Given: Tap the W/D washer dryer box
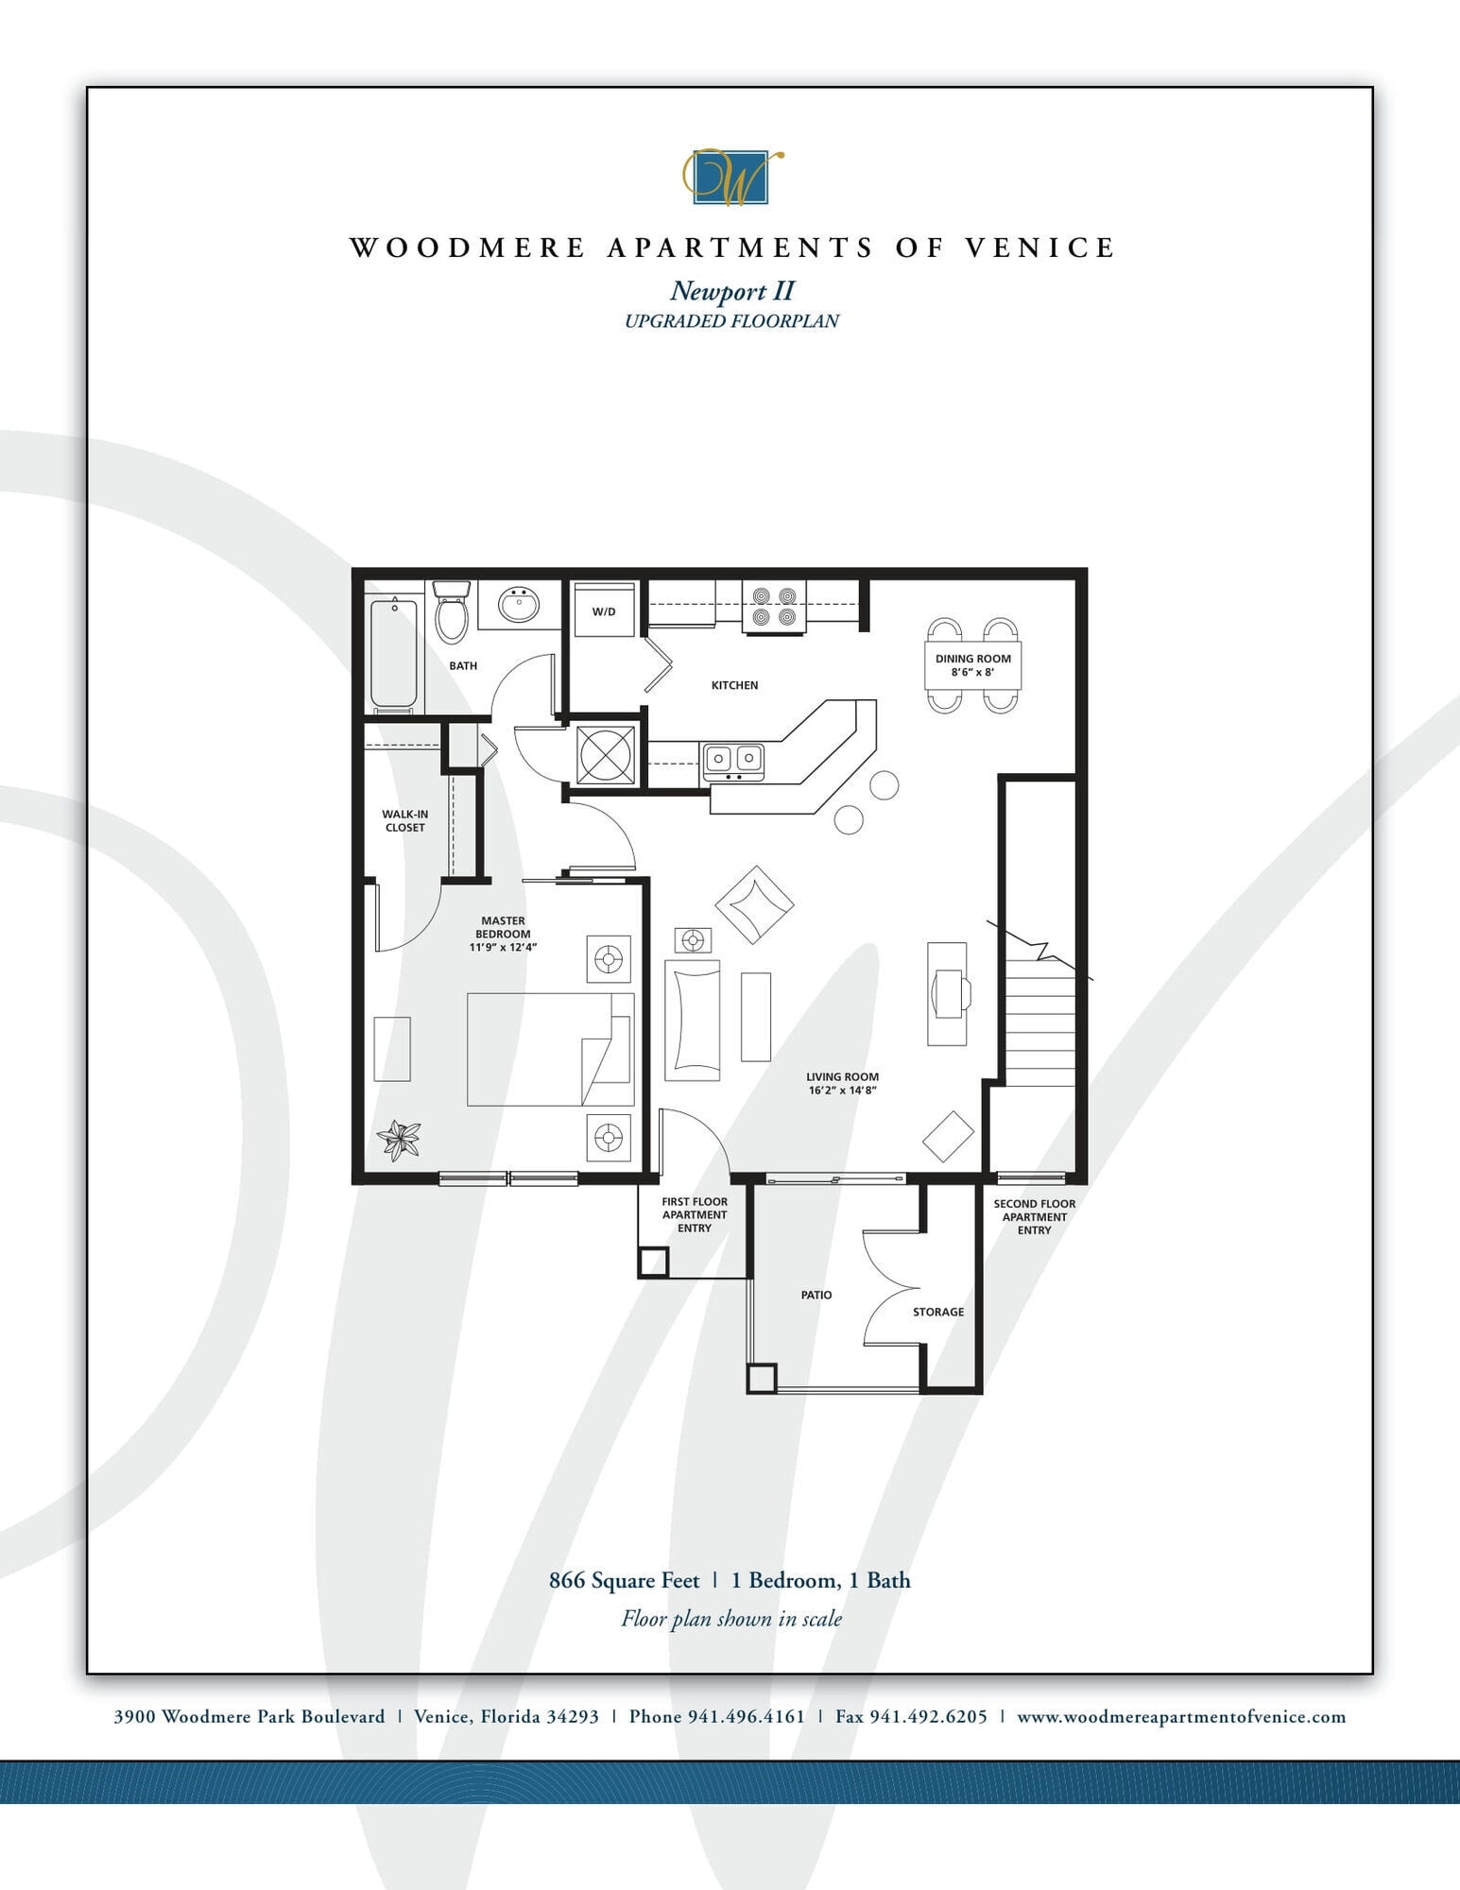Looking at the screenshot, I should click(604, 611).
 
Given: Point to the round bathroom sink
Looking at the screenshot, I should click(518, 604).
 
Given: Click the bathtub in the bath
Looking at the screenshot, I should click(393, 655).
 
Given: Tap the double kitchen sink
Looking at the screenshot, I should click(733, 758).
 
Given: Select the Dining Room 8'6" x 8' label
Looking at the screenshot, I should click(972, 665).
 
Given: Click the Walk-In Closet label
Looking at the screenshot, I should click(404, 820).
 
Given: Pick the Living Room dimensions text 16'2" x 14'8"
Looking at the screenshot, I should click(842, 1090).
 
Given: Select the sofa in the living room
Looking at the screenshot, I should click(693, 1020).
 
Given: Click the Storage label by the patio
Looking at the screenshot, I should click(938, 1312).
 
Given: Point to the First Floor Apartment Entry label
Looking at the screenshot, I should click(695, 1214).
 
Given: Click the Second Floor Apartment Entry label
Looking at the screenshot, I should click(1034, 1217).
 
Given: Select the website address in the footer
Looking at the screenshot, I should click(1181, 1717).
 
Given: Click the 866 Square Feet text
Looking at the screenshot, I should click(625, 1580).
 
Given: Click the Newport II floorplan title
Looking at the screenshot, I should click(732, 290).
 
